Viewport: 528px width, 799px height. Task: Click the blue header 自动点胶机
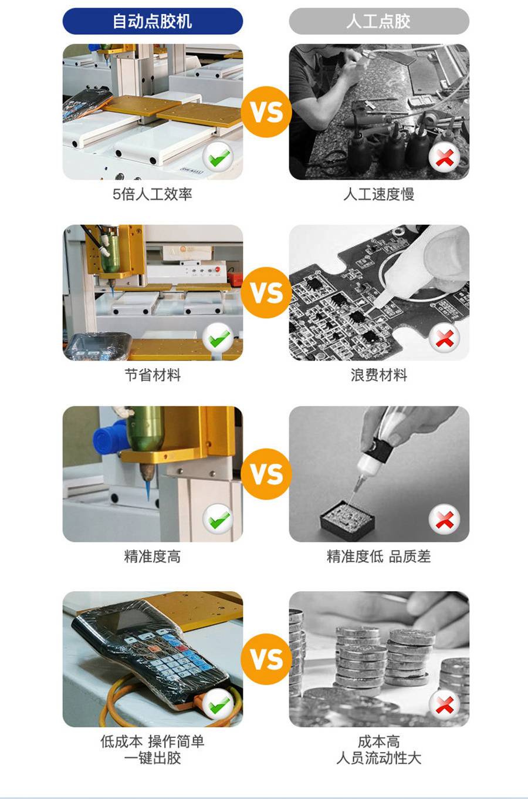pyautogui.click(x=153, y=21)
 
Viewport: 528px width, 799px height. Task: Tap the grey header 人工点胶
pyautogui.click(x=379, y=21)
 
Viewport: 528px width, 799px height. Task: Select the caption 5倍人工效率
pyautogui.click(x=153, y=194)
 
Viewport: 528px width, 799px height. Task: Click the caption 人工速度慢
pyautogui.click(x=379, y=194)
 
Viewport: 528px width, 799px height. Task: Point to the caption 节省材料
pyautogui.click(x=153, y=375)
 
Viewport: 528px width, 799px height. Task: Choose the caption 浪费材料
pyautogui.click(x=379, y=375)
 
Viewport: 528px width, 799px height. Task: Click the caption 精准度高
pyautogui.click(x=153, y=557)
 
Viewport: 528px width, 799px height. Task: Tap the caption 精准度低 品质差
pyautogui.click(x=379, y=557)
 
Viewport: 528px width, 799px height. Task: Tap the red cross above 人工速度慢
pyautogui.click(x=445, y=157)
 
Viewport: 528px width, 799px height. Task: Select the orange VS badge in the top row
pyautogui.click(x=266, y=112)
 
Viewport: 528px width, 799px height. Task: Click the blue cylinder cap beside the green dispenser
pyautogui.click(x=107, y=437)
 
